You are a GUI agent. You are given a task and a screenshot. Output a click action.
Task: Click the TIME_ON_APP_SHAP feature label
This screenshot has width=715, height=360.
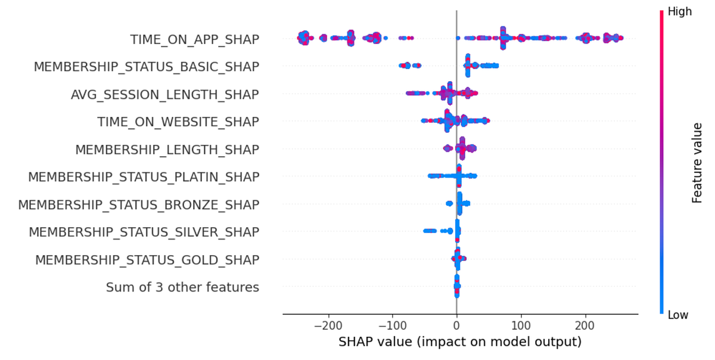(x=195, y=39)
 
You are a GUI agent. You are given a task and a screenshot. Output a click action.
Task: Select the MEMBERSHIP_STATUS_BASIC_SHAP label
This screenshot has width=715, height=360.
(x=147, y=67)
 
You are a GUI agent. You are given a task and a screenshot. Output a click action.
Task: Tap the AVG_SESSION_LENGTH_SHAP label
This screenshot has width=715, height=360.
(x=164, y=94)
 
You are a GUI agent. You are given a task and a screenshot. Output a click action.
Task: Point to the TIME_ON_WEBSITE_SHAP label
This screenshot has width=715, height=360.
(x=178, y=122)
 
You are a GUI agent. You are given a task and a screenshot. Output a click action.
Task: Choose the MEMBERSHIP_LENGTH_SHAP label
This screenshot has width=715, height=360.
(x=167, y=149)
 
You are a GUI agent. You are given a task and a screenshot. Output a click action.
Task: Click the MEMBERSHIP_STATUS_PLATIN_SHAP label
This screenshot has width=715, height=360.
(x=144, y=177)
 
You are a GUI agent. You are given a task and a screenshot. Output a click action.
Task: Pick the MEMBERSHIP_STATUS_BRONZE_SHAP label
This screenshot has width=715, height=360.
(x=139, y=204)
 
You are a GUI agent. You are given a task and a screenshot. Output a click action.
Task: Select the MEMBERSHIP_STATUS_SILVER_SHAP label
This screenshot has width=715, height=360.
(x=144, y=232)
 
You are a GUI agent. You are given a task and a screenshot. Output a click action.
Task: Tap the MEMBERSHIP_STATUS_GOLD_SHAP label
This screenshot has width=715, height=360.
(x=147, y=260)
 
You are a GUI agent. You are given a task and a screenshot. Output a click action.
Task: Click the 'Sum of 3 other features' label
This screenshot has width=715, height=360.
(x=182, y=287)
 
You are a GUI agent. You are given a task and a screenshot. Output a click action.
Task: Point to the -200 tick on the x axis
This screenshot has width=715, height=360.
(x=327, y=327)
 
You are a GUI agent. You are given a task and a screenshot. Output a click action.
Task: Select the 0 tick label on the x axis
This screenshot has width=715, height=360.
(x=456, y=327)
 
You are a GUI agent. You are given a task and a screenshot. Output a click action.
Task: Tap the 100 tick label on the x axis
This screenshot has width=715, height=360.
(x=521, y=327)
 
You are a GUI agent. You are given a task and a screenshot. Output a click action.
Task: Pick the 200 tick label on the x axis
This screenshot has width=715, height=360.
(x=586, y=327)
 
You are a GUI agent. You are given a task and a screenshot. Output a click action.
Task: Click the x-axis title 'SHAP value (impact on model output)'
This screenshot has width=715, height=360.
(x=459, y=343)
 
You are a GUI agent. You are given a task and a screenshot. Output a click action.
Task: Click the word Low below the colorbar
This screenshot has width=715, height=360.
(x=677, y=315)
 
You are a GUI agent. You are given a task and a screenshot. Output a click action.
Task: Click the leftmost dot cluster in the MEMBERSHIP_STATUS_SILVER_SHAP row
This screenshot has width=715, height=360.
(x=428, y=231)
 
